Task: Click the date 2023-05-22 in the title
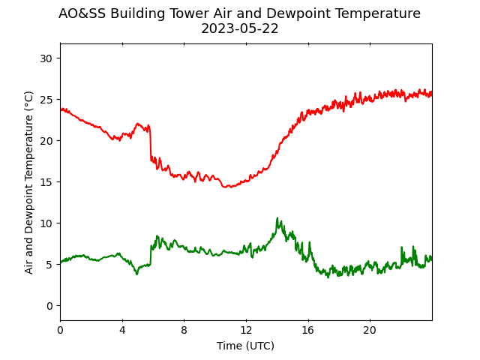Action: pos(240,28)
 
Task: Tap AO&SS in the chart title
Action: pos(82,13)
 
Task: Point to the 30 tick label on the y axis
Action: pos(46,58)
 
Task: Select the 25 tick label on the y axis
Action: pos(46,100)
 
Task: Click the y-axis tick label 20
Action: pos(46,141)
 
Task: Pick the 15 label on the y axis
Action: pos(46,182)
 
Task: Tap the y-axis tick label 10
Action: pos(46,223)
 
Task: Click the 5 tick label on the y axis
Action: pos(49,265)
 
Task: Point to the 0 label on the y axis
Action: pos(49,306)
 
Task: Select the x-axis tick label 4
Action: pos(122,330)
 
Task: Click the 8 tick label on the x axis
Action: pos(184,330)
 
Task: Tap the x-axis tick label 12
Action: pos(246,330)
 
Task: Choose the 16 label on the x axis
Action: pos(308,330)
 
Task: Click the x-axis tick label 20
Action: pos(370,330)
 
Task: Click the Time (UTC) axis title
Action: pos(245,346)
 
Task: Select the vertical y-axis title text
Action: pos(28,182)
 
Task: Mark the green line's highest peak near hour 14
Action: pos(277,218)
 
